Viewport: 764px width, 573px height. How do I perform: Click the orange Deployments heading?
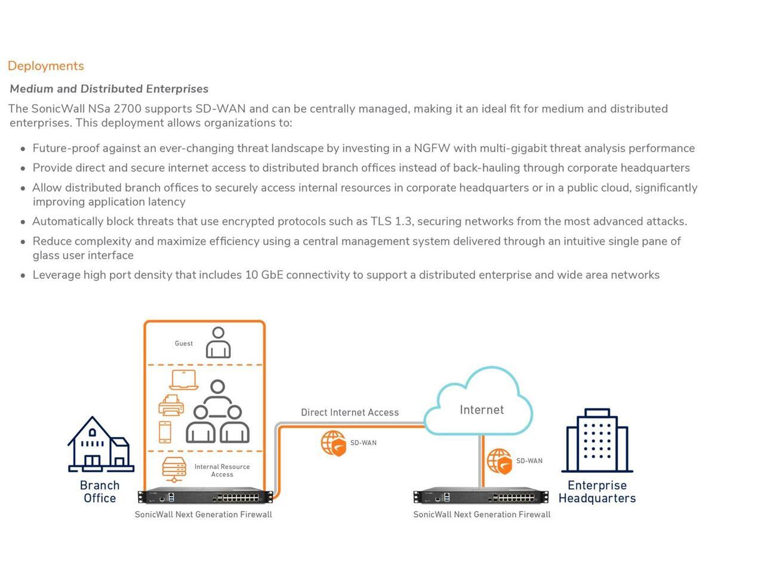pos(46,66)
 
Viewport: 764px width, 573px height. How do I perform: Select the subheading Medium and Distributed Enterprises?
pos(109,89)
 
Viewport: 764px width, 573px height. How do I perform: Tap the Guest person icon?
pos(218,343)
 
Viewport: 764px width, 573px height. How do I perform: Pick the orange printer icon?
pos(171,406)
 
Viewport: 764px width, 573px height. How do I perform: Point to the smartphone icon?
pos(165,432)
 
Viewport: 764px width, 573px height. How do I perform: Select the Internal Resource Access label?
pos(222,470)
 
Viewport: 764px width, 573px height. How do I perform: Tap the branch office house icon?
pos(100,444)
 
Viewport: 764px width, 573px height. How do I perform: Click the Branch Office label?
pos(100,492)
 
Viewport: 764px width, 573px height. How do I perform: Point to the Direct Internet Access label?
pos(350,412)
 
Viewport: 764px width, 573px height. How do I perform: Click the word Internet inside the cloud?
pos(482,410)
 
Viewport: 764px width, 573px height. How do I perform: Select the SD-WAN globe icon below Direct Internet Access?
pos(333,443)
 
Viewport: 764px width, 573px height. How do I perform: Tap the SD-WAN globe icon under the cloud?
pos(499,461)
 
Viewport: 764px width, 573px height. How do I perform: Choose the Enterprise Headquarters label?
pos(597,492)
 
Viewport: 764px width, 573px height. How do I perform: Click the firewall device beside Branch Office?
pos(205,497)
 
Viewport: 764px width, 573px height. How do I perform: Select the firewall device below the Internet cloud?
pos(481,497)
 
